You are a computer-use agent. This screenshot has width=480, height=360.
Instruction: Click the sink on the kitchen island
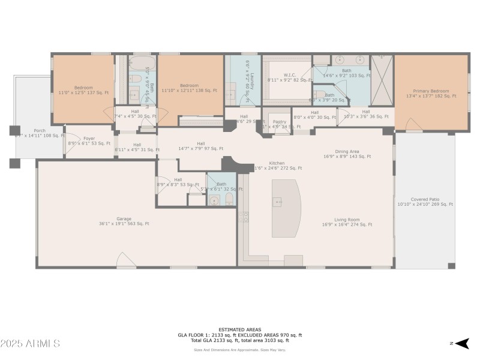(278, 202)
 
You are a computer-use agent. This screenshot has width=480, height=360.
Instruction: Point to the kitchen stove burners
(244, 217)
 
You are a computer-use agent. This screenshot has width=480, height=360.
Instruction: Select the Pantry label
(278, 122)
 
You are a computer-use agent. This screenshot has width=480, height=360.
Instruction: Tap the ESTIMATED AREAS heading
(239, 329)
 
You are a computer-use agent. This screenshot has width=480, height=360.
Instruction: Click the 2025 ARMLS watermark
(30, 343)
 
